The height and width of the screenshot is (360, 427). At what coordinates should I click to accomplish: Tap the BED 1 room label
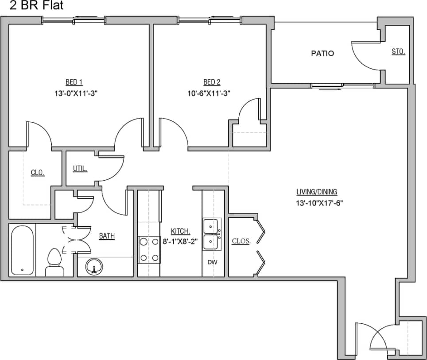(x=74, y=82)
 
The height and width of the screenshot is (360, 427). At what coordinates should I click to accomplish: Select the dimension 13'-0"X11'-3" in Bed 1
(x=74, y=93)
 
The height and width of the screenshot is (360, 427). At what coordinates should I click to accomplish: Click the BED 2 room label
(x=212, y=82)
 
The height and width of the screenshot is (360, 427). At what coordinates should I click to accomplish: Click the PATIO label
(x=322, y=54)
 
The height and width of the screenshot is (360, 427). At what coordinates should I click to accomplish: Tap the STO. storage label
(x=398, y=52)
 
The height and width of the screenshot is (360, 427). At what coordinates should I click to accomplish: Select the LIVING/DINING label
(x=317, y=192)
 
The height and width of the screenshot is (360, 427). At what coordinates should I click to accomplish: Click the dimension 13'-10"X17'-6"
(x=320, y=203)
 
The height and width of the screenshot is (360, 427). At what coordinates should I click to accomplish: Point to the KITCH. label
(x=181, y=231)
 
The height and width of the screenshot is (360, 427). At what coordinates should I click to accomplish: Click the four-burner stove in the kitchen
(x=149, y=250)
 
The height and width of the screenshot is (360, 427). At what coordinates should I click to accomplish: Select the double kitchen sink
(x=212, y=234)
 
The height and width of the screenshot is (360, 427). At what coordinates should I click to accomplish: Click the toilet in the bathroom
(x=54, y=263)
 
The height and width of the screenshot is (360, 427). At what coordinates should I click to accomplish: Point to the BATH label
(x=107, y=236)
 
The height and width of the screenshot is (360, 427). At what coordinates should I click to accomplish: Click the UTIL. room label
(x=80, y=169)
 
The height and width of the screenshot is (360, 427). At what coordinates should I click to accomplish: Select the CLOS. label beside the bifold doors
(x=241, y=241)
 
